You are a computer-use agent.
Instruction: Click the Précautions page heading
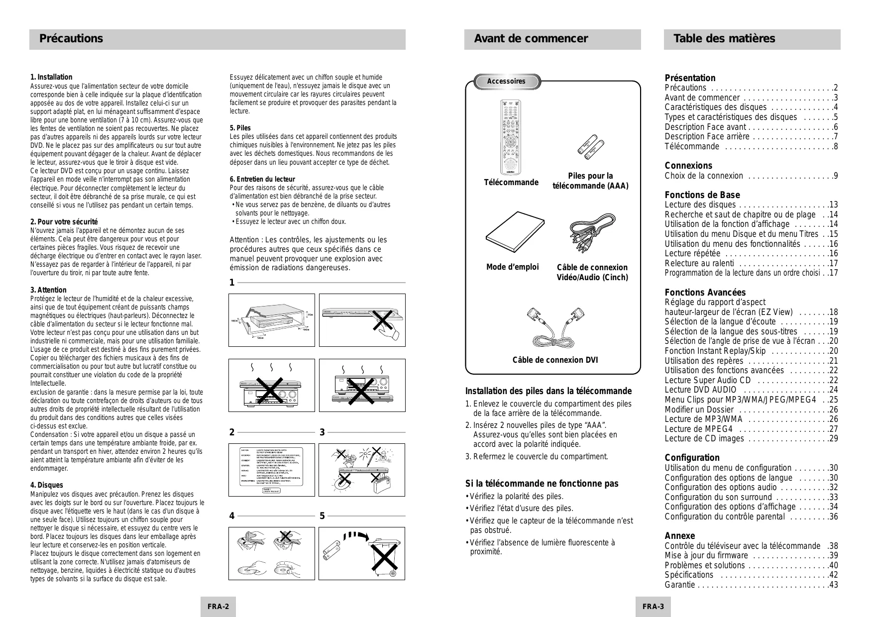tap(71, 39)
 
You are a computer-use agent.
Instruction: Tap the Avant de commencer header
tap(531, 39)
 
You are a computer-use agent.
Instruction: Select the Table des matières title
tap(724, 39)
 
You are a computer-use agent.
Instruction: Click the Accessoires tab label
tap(506, 81)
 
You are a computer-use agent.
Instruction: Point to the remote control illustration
tap(510, 136)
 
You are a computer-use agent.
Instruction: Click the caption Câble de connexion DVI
tap(555, 360)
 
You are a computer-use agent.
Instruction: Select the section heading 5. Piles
tap(240, 128)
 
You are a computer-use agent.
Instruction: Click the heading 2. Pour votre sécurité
tap(64, 221)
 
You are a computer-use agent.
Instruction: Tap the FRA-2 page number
tap(218, 607)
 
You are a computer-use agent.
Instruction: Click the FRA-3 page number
tap(653, 607)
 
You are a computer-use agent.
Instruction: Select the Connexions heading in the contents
tap(688, 166)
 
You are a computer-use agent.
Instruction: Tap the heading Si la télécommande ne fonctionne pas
tap(542, 484)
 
